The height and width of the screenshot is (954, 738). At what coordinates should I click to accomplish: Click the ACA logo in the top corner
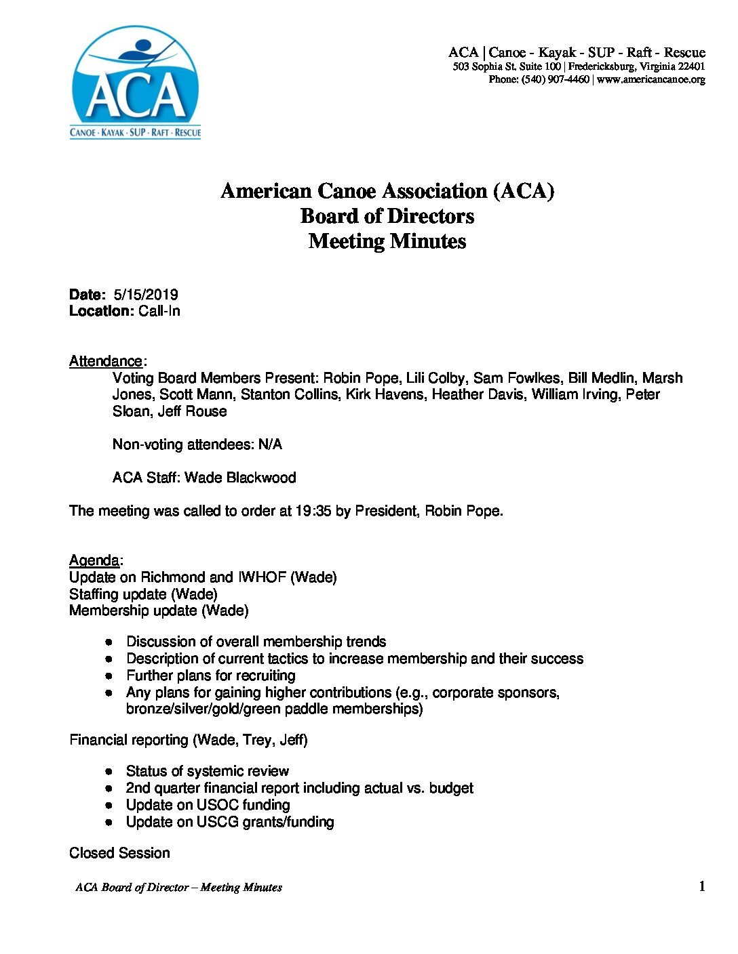point(136,83)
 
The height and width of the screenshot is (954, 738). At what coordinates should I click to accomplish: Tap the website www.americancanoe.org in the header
point(651,79)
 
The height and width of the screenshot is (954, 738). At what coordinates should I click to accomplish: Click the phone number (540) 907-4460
point(556,79)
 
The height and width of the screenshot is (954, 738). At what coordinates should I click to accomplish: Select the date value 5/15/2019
point(146,295)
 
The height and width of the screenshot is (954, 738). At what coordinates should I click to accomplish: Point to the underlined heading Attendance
point(106,361)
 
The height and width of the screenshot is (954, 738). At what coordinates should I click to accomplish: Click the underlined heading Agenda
point(94,560)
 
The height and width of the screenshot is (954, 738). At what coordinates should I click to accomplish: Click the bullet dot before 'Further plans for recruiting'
point(109,676)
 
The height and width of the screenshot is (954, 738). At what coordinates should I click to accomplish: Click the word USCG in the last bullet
point(218,822)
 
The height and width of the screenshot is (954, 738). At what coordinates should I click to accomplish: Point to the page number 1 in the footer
point(701,886)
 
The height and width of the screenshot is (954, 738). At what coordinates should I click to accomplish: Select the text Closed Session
point(119,853)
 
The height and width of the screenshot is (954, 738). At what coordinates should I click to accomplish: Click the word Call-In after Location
point(159,312)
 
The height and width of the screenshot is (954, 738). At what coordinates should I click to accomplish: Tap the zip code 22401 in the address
point(691,66)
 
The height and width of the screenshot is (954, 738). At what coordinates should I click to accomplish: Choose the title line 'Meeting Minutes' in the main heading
point(387,241)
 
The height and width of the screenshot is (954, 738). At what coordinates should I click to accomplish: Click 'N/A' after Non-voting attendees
point(270,444)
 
